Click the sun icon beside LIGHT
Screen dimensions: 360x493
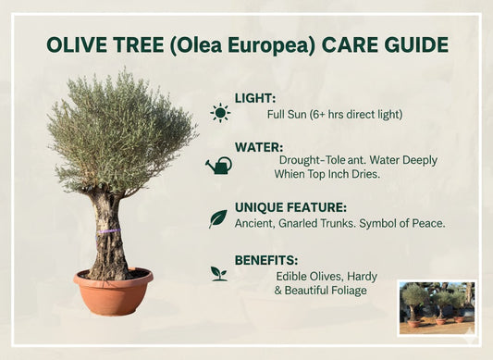[x=220, y=113]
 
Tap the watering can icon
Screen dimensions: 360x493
[x=219, y=166]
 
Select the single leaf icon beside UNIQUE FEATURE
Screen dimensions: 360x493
[x=218, y=218]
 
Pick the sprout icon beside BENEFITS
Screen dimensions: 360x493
[x=219, y=273]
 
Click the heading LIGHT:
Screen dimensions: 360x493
[x=255, y=98]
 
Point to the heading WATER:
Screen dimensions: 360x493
[x=260, y=146]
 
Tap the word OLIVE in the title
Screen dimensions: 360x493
[x=75, y=45]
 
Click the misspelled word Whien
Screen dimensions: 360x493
[x=293, y=173]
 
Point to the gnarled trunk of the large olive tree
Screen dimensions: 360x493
[x=109, y=236]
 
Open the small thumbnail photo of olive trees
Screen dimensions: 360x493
[x=436, y=303]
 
